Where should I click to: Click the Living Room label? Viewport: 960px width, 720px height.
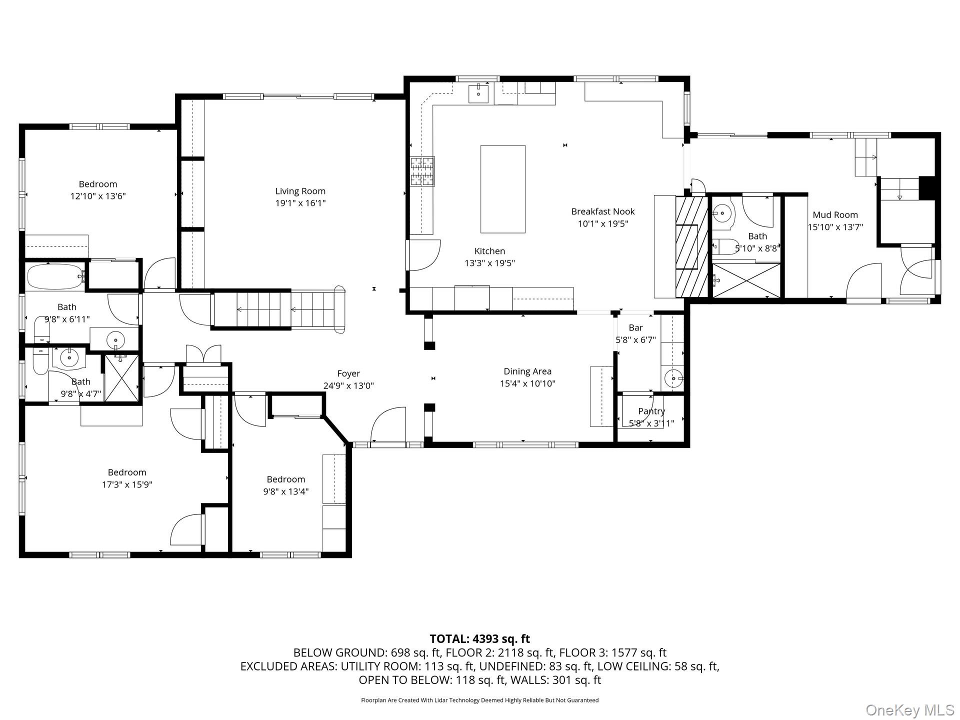300,191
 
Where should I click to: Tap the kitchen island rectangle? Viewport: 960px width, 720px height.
503,189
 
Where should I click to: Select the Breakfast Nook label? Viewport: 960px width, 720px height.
603,211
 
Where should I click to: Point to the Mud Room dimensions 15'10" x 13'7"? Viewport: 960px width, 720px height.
835,227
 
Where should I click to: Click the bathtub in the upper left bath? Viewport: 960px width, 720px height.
55,276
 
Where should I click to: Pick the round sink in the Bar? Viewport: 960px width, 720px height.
673,378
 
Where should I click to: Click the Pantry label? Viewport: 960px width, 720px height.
651,411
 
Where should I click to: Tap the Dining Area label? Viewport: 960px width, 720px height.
527,371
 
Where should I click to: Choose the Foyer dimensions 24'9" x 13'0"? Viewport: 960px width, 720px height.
348,386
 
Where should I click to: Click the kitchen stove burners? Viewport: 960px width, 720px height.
422,171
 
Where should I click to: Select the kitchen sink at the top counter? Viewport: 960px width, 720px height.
478,93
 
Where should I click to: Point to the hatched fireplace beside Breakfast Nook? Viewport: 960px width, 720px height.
692,247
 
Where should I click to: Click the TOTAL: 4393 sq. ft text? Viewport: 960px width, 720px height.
480,639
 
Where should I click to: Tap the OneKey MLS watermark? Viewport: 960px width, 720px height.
910,710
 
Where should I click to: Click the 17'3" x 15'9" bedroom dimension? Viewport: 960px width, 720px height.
127,484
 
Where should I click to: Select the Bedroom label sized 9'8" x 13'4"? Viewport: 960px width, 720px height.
285,479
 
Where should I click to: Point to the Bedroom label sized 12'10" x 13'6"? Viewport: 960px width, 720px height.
98,184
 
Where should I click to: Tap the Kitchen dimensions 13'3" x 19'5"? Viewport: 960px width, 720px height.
489,263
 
